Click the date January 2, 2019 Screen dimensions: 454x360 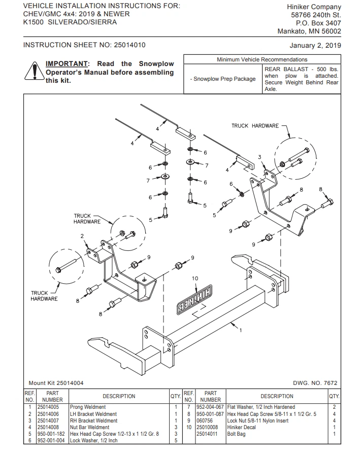315,45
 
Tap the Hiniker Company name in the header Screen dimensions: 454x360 315,7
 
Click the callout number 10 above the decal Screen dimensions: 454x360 194,278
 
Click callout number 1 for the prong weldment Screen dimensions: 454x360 240,331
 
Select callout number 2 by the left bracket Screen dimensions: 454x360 82,236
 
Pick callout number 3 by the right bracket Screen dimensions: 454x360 259,157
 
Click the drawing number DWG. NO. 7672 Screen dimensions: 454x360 315,383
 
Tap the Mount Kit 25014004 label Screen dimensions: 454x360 56,383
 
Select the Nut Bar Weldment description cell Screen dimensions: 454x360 89,427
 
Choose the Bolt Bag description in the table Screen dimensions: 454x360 238,434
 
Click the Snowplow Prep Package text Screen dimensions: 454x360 222,79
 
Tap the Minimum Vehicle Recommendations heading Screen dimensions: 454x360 262,60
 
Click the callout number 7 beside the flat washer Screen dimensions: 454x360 206,165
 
